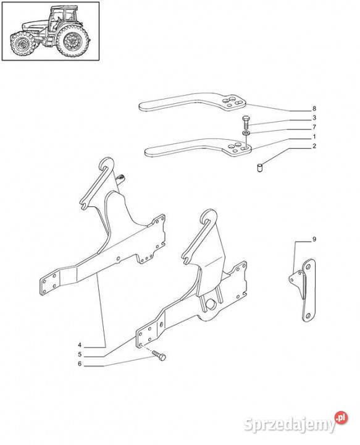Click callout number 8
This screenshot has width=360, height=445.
pos(314,108)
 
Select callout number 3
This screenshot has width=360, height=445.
pos(314,118)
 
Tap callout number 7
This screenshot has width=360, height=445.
pos(314,127)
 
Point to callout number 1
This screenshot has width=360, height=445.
pos(314,137)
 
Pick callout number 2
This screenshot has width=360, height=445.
pos(314,146)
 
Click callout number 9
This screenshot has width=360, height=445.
pos(314,239)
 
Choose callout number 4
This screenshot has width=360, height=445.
pos(80,345)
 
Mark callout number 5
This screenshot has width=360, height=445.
pos(80,355)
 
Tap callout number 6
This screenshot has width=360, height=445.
pos(80,364)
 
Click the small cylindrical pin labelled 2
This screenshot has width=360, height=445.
pos(259,167)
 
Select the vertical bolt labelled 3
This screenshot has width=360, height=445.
pos(246,122)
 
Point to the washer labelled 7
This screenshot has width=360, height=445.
pos(246,133)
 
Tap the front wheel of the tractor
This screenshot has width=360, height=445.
pos(22,44)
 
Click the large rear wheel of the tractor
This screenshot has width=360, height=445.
pos(72,41)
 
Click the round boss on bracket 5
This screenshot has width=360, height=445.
pos(211,304)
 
